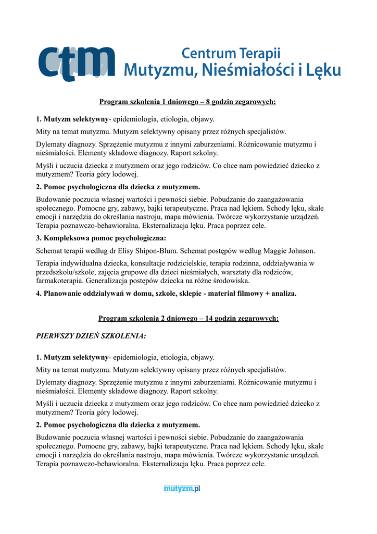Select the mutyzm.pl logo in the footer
point(182,489)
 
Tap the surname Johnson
point(298,250)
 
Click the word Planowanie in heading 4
point(64,294)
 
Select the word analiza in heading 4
point(282,294)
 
